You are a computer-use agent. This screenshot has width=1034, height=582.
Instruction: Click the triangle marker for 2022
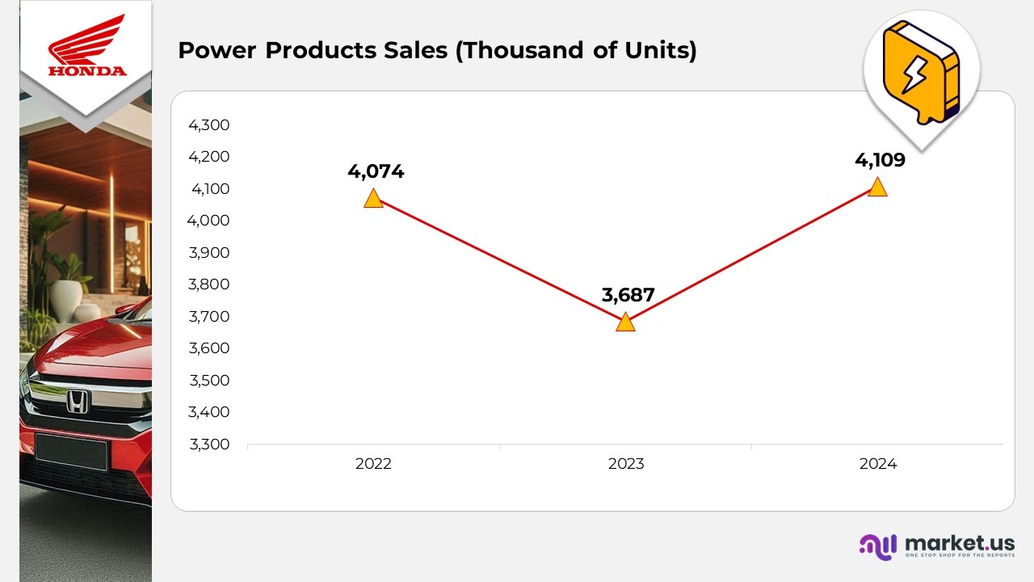click(373, 198)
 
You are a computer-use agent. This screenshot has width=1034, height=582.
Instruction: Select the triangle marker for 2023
click(625, 323)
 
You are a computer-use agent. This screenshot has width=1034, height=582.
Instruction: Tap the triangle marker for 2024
click(877, 188)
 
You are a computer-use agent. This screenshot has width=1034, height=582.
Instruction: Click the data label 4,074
click(376, 171)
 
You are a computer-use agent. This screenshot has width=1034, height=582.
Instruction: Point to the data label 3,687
click(628, 295)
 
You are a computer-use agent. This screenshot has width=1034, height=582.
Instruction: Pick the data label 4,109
click(880, 160)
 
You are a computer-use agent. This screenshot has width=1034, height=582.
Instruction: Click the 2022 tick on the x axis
click(373, 464)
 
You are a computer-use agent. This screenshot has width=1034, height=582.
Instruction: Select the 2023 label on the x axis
click(625, 464)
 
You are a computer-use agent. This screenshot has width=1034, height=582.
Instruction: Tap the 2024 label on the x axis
click(877, 464)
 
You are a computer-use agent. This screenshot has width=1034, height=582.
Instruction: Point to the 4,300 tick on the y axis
click(209, 124)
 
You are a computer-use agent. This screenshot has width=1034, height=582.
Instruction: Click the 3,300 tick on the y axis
click(209, 444)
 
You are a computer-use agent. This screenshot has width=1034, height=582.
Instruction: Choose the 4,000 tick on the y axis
click(209, 221)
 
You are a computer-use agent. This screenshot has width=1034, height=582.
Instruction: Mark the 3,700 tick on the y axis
click(209, 316)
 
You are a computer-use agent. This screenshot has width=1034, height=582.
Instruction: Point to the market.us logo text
click(960, 542)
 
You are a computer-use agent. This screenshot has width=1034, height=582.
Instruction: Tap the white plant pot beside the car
click(69, 293)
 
